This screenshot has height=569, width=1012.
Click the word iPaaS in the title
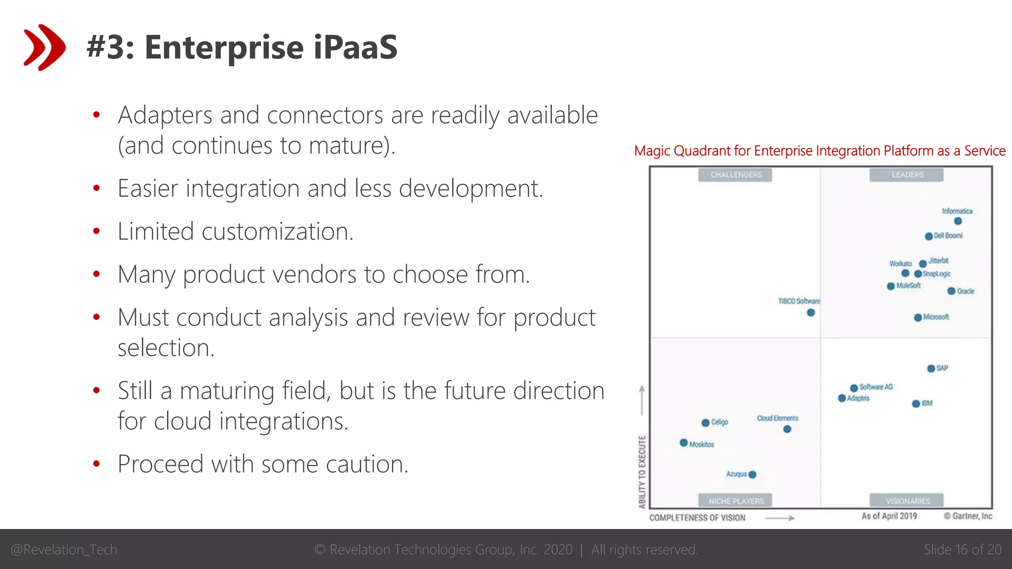355,47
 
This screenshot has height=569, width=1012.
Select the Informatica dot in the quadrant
958,221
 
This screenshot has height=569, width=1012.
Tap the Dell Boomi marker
928,236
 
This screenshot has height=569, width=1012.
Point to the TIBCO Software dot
811,312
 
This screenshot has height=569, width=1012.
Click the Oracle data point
951,291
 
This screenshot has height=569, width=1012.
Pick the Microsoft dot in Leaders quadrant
918,317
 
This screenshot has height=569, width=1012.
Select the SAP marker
931,368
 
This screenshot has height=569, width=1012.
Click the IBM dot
916,404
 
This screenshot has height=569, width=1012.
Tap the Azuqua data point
753,475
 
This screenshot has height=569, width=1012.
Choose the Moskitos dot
684,443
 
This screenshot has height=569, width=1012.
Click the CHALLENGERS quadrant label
735,175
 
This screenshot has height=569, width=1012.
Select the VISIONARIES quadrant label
907,501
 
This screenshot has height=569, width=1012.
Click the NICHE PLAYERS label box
735,501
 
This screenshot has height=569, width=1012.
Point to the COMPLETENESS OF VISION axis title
697,518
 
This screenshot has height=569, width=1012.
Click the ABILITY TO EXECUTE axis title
642,472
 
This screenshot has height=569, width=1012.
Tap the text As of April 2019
889,516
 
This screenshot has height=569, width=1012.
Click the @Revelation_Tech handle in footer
64,550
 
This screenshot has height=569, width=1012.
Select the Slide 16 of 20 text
962,550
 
